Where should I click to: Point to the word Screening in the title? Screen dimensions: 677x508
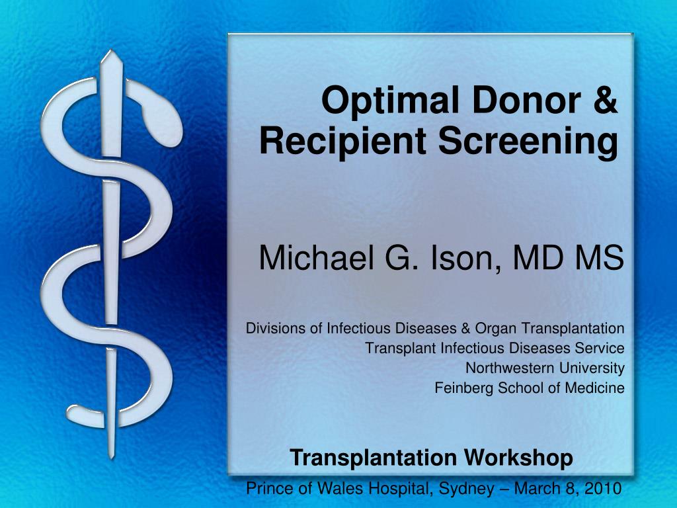(528, 142)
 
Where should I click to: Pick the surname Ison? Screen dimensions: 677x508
(465, 258)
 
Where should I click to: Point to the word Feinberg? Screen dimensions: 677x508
(463, 388)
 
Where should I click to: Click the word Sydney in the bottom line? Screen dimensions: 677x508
(467, 489)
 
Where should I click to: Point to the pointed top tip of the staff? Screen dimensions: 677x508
(111, 51)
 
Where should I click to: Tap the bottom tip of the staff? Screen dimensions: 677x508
(111, 457)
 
